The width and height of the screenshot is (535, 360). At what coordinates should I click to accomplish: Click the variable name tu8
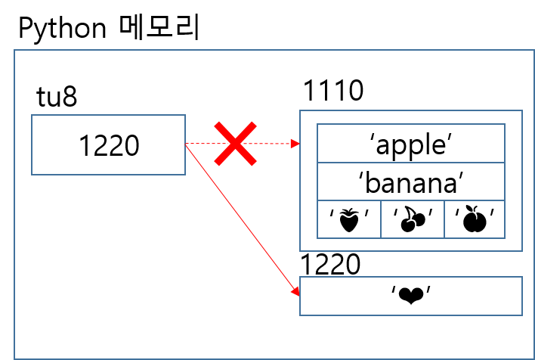[57, 98]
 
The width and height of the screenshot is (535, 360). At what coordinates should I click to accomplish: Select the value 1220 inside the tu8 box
[109, 145]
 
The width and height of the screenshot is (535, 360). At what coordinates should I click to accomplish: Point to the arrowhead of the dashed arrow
[296, 143]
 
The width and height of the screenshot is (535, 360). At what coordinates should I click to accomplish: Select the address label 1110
[333, 92]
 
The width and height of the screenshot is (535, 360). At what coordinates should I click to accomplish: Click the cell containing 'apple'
[411, 144]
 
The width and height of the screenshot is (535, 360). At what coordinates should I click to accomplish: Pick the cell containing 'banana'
[411, 182]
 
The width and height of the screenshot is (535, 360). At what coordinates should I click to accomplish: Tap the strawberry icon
[348, 220]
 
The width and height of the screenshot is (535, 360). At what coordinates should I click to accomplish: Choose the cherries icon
[412, 220]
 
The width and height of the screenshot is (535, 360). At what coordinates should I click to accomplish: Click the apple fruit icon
[475, 220]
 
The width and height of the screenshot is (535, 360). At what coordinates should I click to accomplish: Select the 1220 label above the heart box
[330, 265]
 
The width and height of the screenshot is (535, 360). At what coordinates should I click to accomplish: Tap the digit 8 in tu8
[69, 98]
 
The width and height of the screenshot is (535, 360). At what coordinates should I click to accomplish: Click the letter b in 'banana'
[379, 182]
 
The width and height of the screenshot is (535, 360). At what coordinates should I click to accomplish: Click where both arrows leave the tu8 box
[186, 144]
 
